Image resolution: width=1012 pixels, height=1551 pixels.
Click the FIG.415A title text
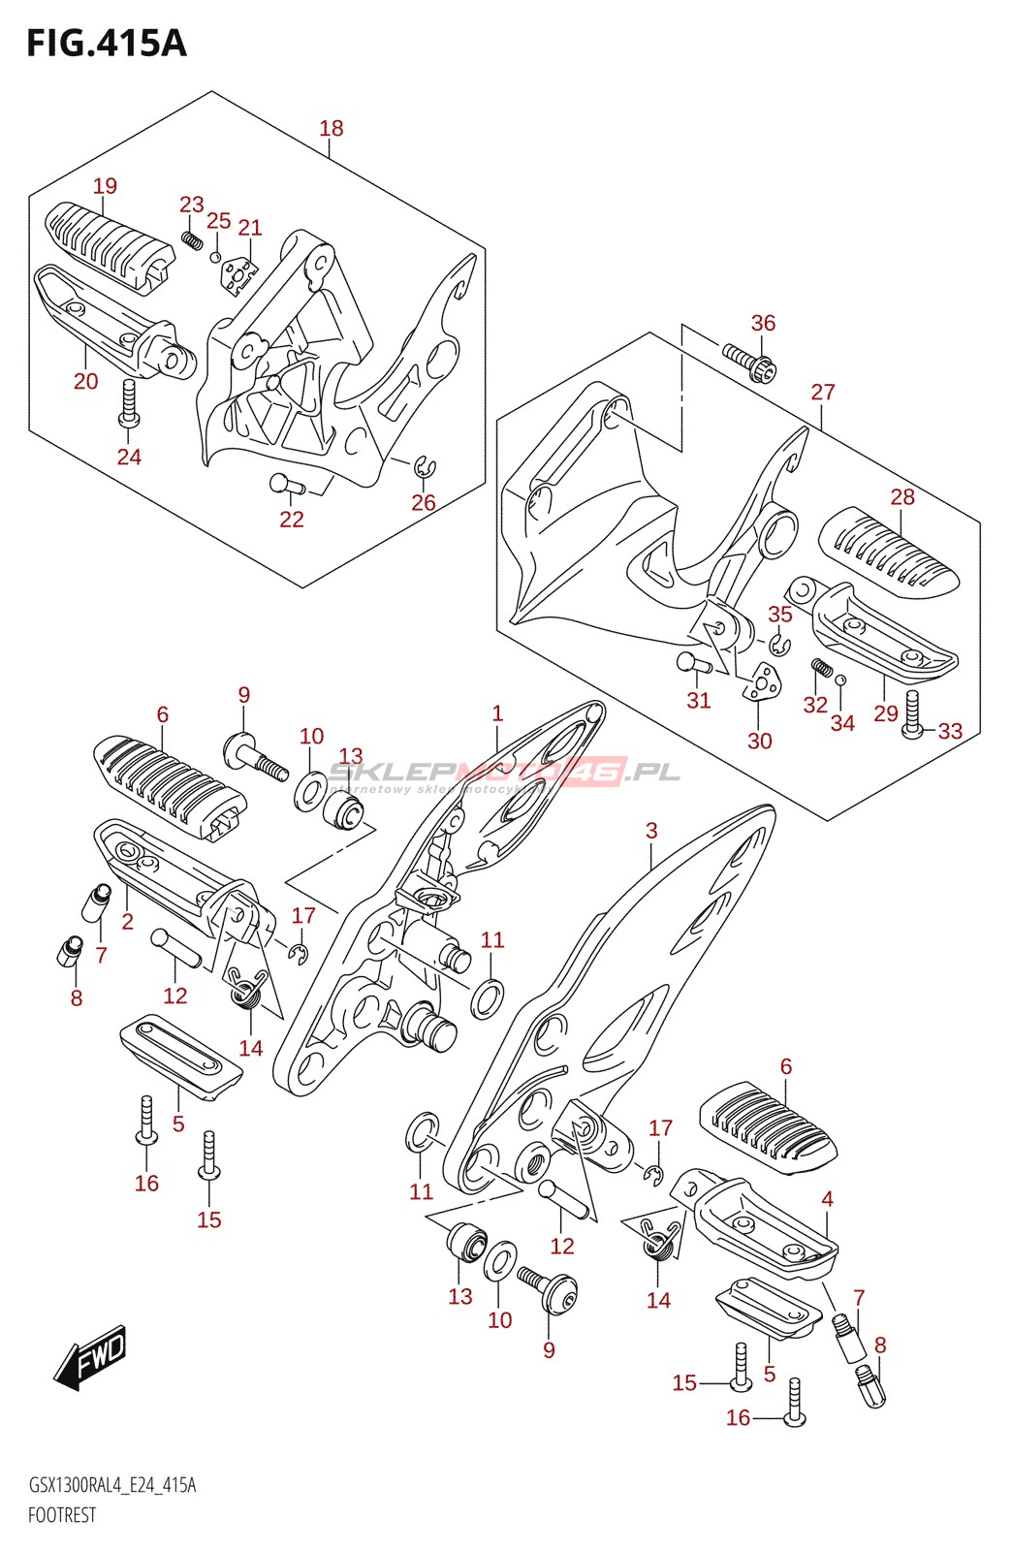(x=106, y=44)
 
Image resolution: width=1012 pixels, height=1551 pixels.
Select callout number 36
(x=763, y=323)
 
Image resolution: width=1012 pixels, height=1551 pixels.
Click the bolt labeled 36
(x=750, y=363)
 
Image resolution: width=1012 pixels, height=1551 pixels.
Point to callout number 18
(x=331, y=128)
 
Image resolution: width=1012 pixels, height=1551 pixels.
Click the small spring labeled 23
(x=192, y=237)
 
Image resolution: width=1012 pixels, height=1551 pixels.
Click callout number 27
(x=822, y=392)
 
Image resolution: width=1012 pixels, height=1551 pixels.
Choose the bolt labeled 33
(x=912, y=716)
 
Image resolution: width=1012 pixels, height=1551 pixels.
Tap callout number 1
(x=497, y=714)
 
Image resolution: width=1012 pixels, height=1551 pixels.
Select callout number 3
(x=651, y=831)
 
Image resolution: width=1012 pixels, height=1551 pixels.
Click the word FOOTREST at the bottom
(x=62, y=1515)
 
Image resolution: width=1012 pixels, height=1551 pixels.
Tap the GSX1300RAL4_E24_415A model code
(x=111, y=1485)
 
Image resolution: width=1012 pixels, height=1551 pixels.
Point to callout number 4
(x=827, y=1199)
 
